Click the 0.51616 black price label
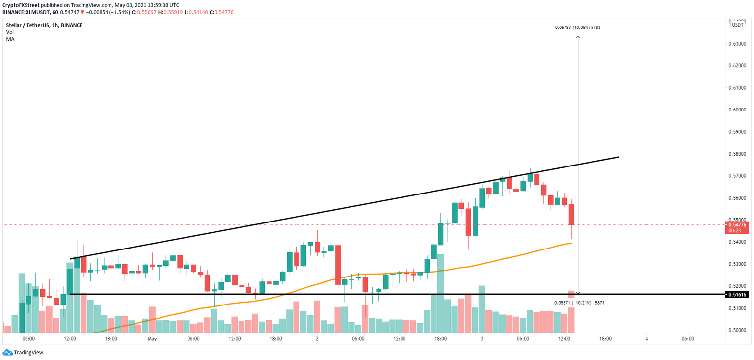pyautogui.click(x=737, y=294)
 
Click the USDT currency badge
pyautogui.click(x=737, y=24)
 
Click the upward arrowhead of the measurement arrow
pyautogui.click(x=578, y=37)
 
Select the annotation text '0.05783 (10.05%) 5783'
pyautogui.click(x=578, y=28)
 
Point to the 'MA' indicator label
pyautogui.click(x=10, y=39)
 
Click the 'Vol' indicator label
pyautogui.click(x=10, y=32)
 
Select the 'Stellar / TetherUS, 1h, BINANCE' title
pyautogui.click(x=44, y=25)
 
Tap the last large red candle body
pyautogui.click(x=571, y=215)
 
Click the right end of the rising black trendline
pyautogui.click(x=619, y=157)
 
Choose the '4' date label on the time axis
pyautogui.click(x=646, y=339)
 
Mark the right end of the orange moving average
pyautogui.click(x=571, y=243)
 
